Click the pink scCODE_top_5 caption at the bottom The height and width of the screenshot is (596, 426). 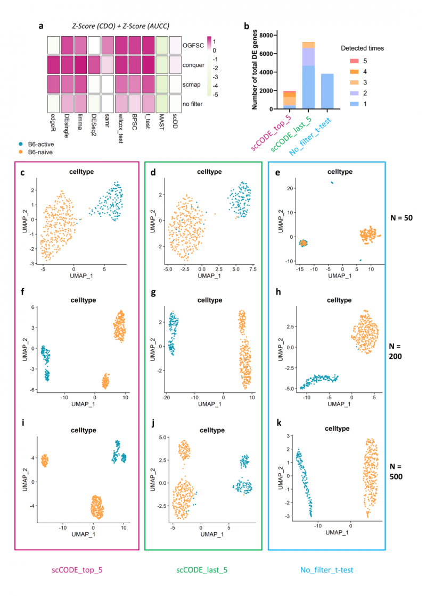coord(77,569)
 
